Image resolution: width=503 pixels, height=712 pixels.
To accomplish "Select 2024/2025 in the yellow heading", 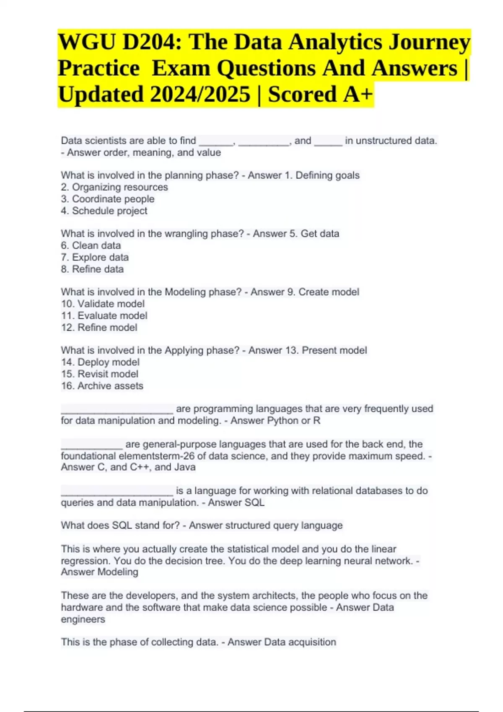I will click(x=200, y=94).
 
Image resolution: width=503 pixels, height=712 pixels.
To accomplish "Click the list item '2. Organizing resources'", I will click(x=114, y=187).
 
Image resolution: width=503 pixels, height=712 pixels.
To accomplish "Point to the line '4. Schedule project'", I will click(x=104, y=211).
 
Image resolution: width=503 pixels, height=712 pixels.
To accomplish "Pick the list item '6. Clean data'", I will click(x=91, y=245).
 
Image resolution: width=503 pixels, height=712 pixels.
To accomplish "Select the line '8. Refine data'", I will click(x=92, y=269).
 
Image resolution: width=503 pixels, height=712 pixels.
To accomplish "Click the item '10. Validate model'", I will click(x=103, y=304).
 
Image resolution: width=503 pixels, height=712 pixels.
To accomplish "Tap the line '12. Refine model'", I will click(x=99, y=327).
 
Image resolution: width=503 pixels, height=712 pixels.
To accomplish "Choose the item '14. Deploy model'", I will click(x=100, y=362).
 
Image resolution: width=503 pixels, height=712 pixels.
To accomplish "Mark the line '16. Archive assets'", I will click(x=102, y=386).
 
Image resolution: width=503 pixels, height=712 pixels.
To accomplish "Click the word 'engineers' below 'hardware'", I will click(x=83, y=619).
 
